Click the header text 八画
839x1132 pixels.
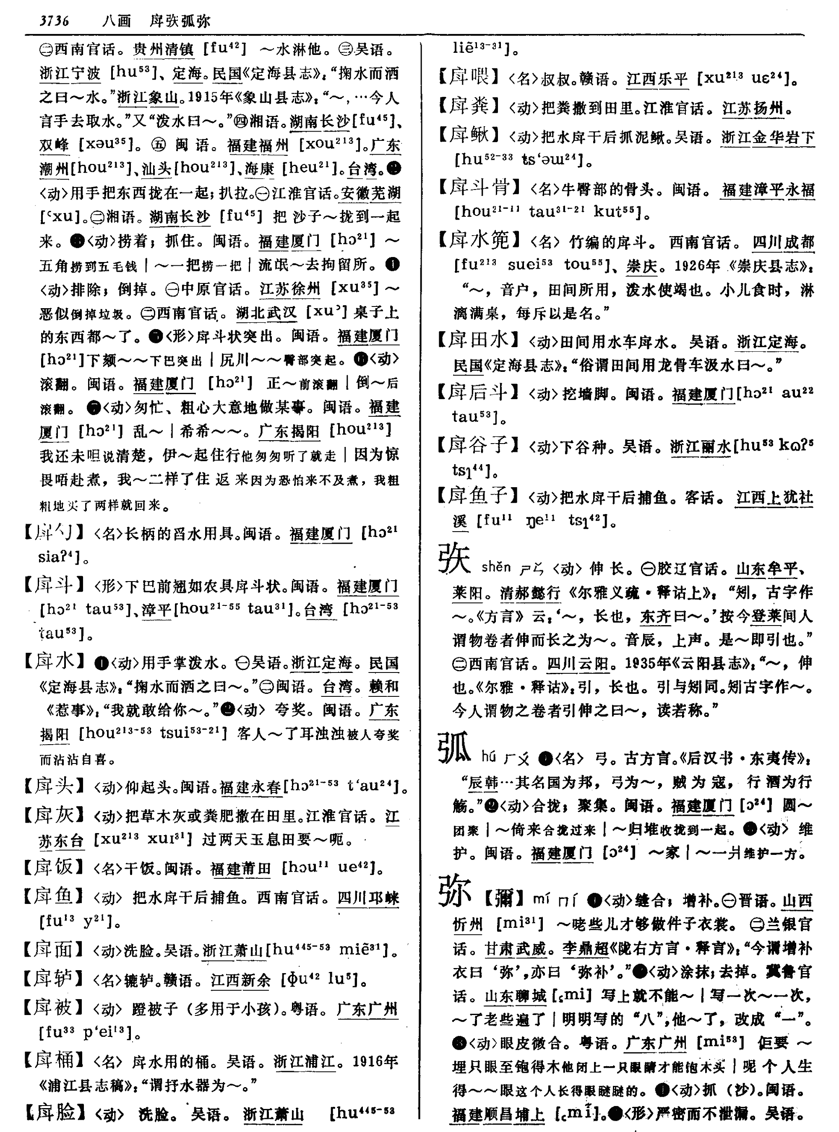point(116,21)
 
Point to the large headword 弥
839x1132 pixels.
point(455,891)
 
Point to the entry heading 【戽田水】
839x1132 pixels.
point(479,340)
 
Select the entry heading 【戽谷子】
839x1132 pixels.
point(479,445)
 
